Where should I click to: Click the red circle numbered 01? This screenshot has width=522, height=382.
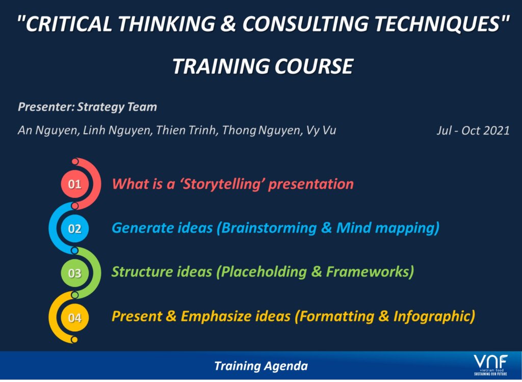pyautogui.click(x=74, y=184)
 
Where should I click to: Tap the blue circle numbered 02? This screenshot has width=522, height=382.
pyautogui.click(x=74, y=228)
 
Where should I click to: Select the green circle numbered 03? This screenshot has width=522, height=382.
pyautogui.click(x=74, y=273)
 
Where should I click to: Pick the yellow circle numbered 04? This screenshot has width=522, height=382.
pyautogui.click(x=74, y=317)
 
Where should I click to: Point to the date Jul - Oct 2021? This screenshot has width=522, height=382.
pyautogui.click(x=473, y=130)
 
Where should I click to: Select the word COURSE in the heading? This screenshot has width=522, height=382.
pyautogui.click(x=314, y=66)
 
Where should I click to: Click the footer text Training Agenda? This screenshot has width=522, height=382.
pyautogui.click(x=261, y=366)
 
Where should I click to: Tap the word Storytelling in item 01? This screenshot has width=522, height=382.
pyautogui.click(x=221, y=184)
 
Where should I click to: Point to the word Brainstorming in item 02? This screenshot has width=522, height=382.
pyautogui.click(x=269, y=228)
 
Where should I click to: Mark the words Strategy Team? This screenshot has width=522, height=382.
pyautogui.click(x=117, y=107)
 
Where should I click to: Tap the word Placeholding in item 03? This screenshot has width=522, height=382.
pyautogui.click(x=264, y=272)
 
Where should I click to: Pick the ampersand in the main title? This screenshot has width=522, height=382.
pyautogui.click(x=228, y=24)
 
